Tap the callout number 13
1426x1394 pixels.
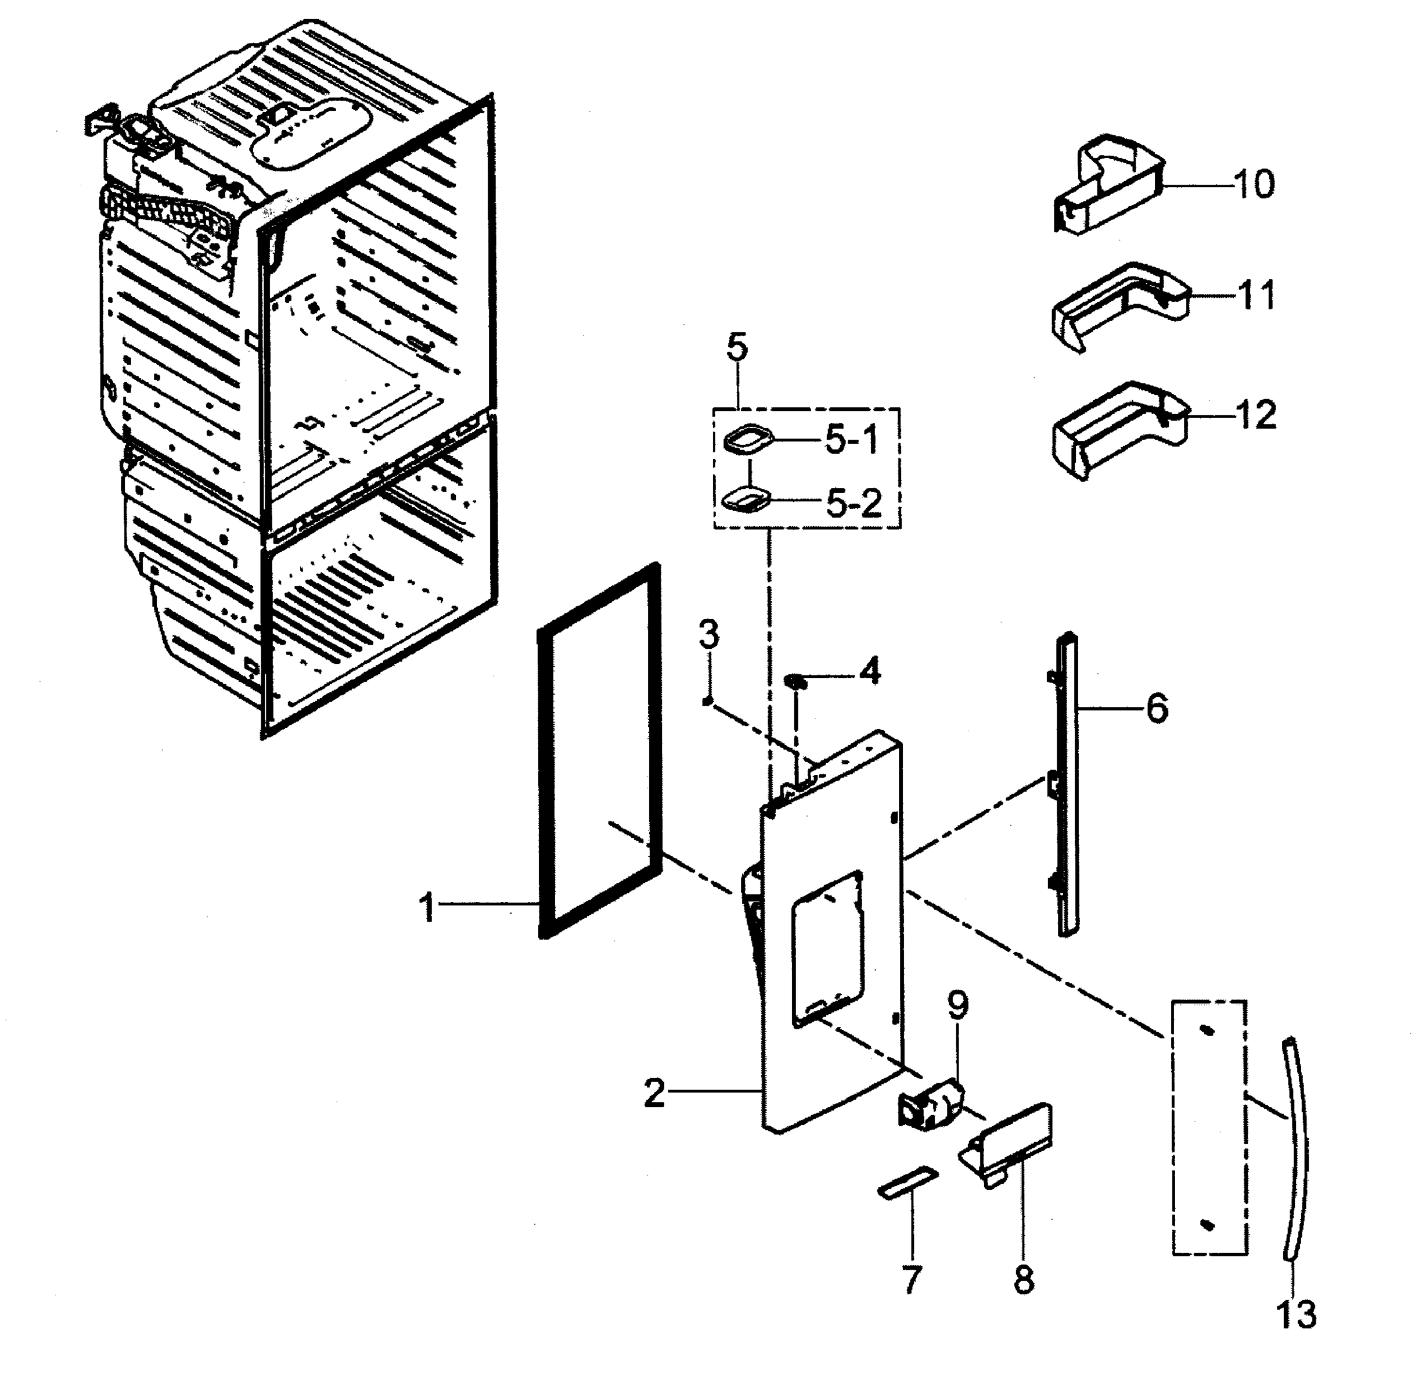(x=1297, y=1314)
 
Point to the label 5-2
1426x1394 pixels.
(x=854, y=503)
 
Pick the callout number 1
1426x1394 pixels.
(x=427, y=908)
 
